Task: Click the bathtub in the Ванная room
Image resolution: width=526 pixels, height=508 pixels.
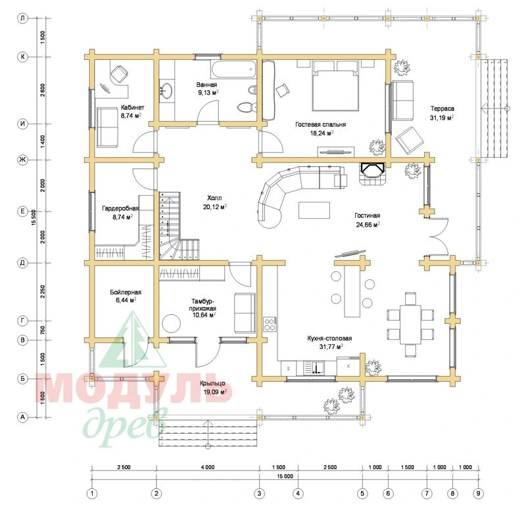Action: [233, 70]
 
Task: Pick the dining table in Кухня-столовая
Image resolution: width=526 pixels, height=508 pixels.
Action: [410, 324]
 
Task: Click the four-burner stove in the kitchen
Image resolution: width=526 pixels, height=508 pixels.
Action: [270, 324]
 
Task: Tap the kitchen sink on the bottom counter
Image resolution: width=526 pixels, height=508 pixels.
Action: [314, 367]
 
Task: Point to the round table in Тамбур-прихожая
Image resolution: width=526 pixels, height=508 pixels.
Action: [172, 323]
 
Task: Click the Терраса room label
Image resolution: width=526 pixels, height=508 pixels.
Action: [442, 108]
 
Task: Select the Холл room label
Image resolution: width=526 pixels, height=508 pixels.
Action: [214, 198]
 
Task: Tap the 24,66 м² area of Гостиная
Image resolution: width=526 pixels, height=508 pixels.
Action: [368, 224]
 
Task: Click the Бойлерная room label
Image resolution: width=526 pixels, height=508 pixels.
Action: [126, 292]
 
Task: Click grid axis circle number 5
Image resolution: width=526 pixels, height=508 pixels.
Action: [362, 494]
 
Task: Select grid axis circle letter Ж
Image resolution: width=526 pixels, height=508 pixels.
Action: [22, 160]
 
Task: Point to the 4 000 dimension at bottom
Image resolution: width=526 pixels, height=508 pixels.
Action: [208, 467]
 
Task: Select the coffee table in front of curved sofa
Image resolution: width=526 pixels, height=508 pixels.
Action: [314, 210]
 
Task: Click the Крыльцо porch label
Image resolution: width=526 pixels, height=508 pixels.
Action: [212, 383]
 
